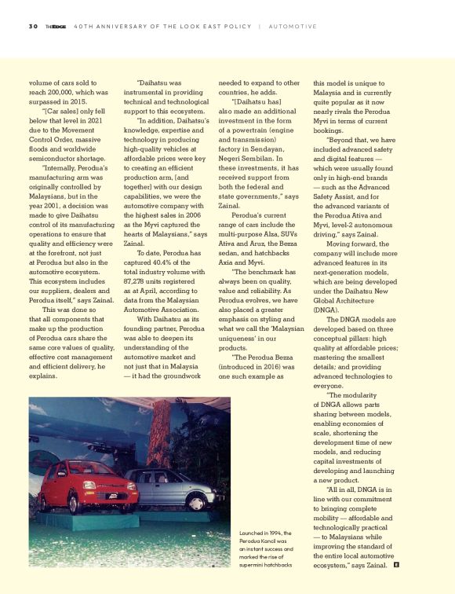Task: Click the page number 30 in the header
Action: pos(34,27)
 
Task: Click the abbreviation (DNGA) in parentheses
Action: pos(326,310)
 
